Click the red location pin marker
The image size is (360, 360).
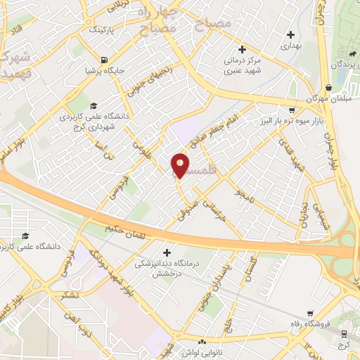[180, 165]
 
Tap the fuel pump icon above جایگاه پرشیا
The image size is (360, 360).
[105, 59]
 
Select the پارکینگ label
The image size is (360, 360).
[101, 31]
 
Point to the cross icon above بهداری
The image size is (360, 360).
[290, 34]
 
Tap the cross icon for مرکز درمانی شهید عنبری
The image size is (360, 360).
[242, 50]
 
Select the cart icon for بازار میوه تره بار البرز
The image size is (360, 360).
[291, 110]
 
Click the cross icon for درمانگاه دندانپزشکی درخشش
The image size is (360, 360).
[167, 252]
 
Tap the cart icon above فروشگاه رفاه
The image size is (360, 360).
[310, 314]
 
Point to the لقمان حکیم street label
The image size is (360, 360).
[134, 227]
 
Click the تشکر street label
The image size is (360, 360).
[70, 295]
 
